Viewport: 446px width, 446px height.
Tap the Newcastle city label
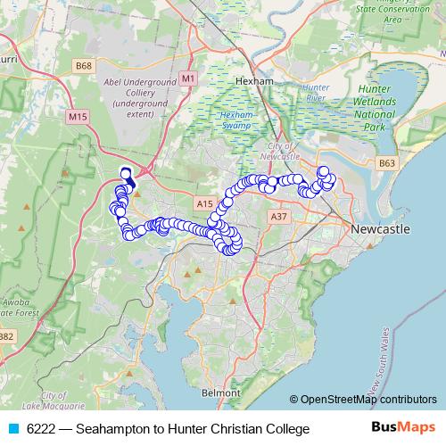point(380,229)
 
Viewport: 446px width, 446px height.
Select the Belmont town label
point(222,392)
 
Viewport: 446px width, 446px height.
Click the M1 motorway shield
point(187,78)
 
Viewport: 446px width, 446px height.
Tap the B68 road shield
point(84,66)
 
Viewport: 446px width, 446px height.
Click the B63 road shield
point(386,163)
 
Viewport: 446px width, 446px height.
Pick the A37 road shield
point(278,216)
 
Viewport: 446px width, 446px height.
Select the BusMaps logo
point(404,428)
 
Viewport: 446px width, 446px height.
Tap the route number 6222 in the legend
point(41,429)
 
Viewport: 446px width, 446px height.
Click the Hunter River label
point(316,94)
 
